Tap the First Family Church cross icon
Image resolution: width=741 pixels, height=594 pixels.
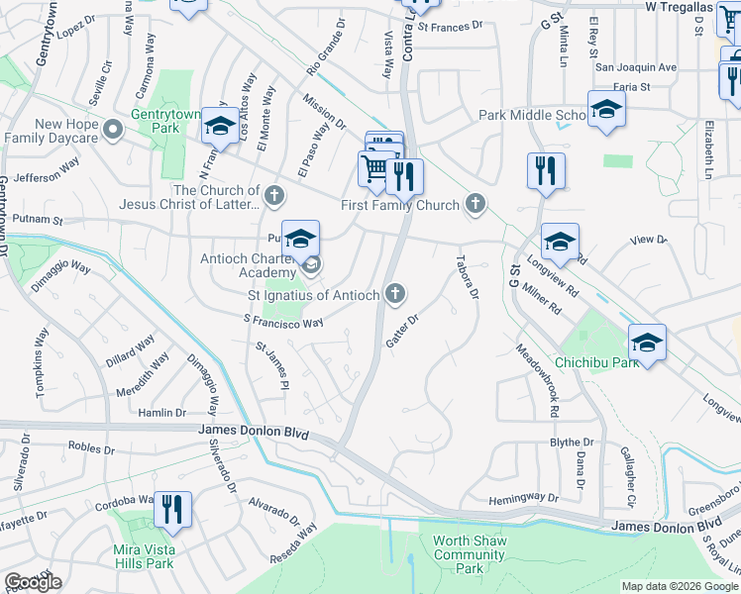476,204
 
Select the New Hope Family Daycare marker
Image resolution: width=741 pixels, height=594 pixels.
113,130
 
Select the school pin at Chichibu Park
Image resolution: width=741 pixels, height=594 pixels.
647,343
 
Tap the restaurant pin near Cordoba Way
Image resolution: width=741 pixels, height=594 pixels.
172,509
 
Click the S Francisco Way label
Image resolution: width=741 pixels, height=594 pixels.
283,323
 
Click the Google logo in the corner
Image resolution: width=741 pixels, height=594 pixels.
33,582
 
